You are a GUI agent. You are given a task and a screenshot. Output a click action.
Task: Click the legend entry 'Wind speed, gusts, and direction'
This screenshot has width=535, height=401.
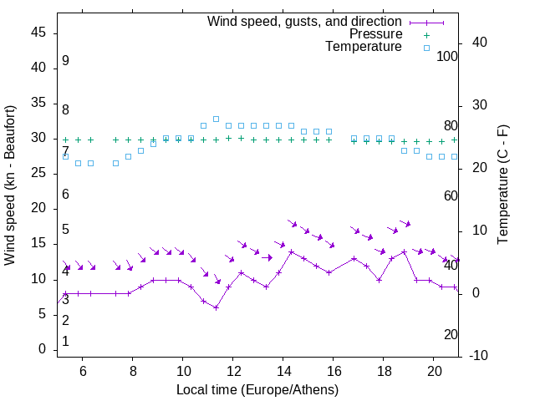[x=304, y=21]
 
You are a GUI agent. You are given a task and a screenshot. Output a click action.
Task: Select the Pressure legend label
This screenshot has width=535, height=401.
[x=376, y=34]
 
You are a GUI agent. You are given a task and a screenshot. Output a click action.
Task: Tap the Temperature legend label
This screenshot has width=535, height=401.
[x=364, y=47]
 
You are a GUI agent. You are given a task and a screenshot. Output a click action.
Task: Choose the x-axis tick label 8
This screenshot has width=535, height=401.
[x=132, y=373]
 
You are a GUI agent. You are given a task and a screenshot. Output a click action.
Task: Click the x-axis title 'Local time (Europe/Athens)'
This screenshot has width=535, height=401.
[x=257, y=389]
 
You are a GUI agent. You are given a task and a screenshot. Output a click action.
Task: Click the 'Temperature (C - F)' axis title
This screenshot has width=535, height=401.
[x=502, y=185]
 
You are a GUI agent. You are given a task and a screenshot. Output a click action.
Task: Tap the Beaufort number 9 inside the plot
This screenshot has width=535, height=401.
[x=65, y=61]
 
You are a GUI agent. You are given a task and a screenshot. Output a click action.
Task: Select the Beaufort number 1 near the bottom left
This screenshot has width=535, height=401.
[x=65, y=342]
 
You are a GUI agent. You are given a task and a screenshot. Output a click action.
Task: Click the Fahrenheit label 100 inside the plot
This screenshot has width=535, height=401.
[x=447, y=56]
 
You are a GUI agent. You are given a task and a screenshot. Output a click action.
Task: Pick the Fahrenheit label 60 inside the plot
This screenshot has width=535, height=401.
[x=451, y=195]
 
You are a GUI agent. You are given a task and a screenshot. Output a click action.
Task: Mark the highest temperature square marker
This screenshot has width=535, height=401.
[x=216, y=119]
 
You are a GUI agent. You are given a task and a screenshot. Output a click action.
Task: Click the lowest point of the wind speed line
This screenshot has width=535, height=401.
[x=216, y=307]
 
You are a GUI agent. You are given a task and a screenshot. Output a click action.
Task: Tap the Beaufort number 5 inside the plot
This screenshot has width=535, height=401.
[x=65, y=230]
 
